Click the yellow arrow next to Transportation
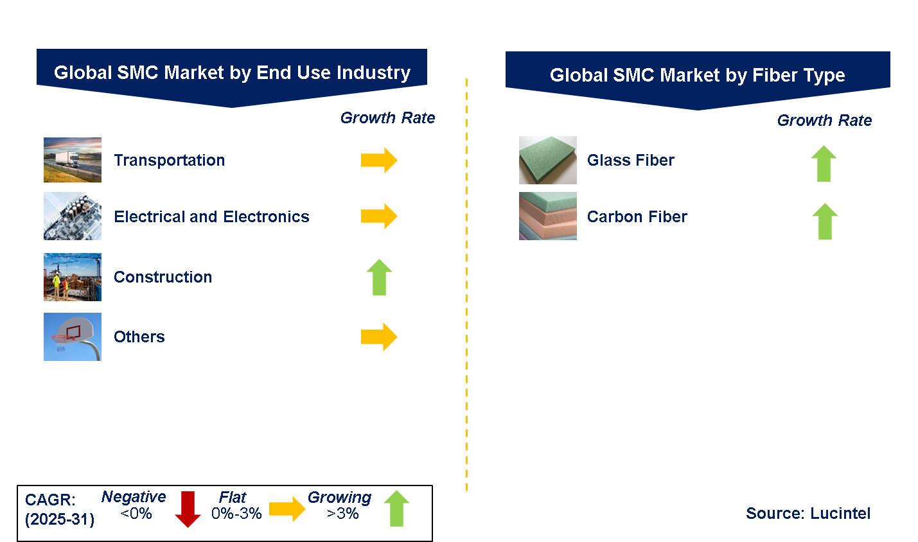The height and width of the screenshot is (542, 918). click(379, 160)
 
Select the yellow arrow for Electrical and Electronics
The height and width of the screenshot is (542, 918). click(379, 216)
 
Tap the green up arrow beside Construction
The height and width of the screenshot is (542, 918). click(380, 277)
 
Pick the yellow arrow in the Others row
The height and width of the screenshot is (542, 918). click(379, 337)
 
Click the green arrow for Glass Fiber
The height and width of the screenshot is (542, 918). click(824, 164)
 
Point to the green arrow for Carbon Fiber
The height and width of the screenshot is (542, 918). click(825, 221)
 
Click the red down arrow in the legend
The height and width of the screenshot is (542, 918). click(188, 509)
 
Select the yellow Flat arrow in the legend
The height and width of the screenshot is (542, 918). click(287, 509)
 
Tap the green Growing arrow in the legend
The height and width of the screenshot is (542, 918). click(397, 509)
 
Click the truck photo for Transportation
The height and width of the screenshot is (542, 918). click(73, 160)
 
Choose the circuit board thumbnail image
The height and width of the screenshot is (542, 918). click(73, 216)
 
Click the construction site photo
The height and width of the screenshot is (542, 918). click(73, 277)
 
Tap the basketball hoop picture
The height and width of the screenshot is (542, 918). click(73, 337)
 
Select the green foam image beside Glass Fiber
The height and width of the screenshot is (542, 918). click(548, 160)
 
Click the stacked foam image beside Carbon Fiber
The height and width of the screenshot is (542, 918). click(548, 216)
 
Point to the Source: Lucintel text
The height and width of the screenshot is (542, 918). click(808, 513)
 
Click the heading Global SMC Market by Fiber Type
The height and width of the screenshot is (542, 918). click(698, 75)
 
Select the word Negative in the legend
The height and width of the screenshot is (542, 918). click(134, 496)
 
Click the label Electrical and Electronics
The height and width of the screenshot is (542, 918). click(211, 216)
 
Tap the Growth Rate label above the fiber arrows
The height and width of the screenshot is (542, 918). click(825, 121)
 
